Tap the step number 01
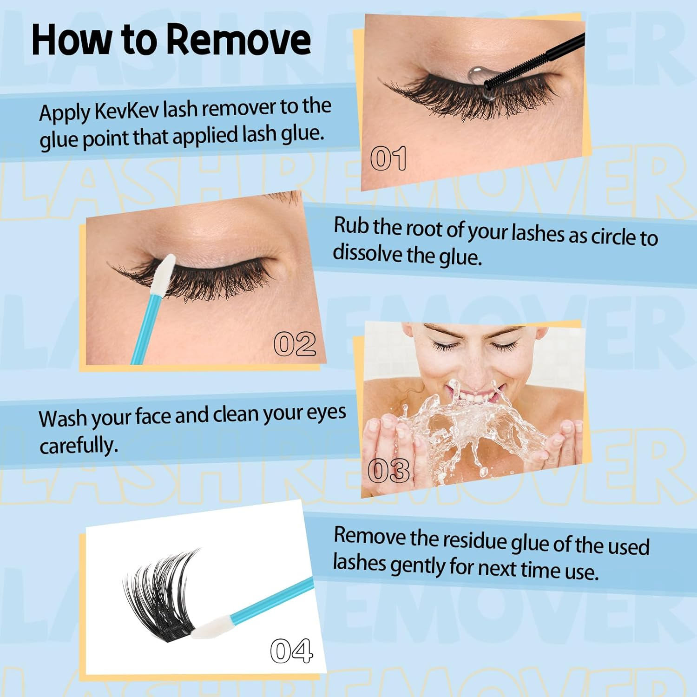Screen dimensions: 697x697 click(x=388, y=158)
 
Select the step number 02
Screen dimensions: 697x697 click(x=295, y=344)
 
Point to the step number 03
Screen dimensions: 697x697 click(x=388, y=471)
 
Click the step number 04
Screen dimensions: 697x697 click(x=291, y=651)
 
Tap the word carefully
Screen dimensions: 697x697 click(x=78, y=446)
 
